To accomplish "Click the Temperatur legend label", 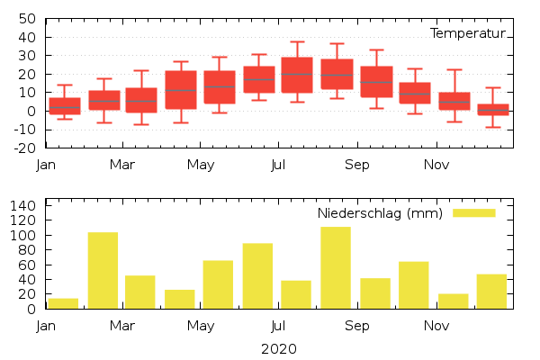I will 467,33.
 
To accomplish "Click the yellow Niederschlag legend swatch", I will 473,213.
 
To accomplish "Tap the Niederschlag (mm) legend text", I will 380,213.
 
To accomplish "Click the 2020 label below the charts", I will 278,348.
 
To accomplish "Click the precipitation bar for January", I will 63,303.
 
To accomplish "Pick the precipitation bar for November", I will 454,301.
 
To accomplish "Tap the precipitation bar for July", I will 296,294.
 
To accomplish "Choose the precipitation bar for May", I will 218,284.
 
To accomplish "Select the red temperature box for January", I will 65,105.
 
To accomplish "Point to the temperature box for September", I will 376,82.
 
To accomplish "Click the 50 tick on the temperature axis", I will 27,19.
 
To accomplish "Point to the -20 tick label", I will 23,148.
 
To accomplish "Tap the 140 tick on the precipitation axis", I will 23,206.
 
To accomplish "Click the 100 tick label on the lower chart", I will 23,236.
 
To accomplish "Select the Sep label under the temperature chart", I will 357,165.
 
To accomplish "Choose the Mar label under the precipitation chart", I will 122,326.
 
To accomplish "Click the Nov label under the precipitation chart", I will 436,326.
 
